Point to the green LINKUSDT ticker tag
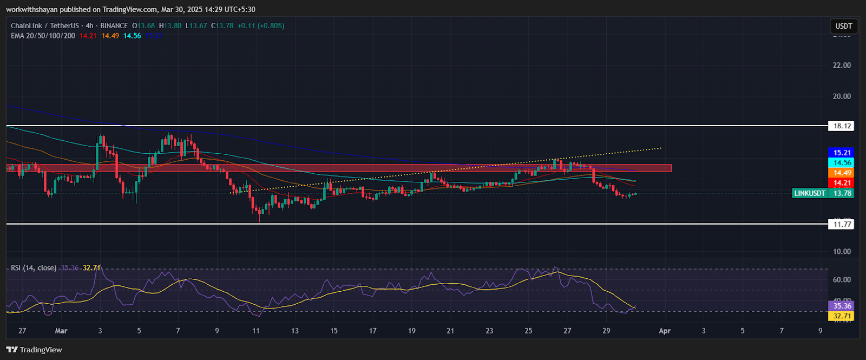coord(810,193)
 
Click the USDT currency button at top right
coord(843,26)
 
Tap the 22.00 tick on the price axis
coord(842,66)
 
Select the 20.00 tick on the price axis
coord(842,96)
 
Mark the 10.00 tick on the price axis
coord(842,252)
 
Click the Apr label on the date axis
coord(665,331)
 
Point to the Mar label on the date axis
coord(61,331)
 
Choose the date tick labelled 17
coord(372,331)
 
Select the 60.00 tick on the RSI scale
coord(842,280)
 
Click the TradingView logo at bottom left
coord(35,350)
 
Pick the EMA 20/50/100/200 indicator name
coord(43,36)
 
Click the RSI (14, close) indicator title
coord(34,268)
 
